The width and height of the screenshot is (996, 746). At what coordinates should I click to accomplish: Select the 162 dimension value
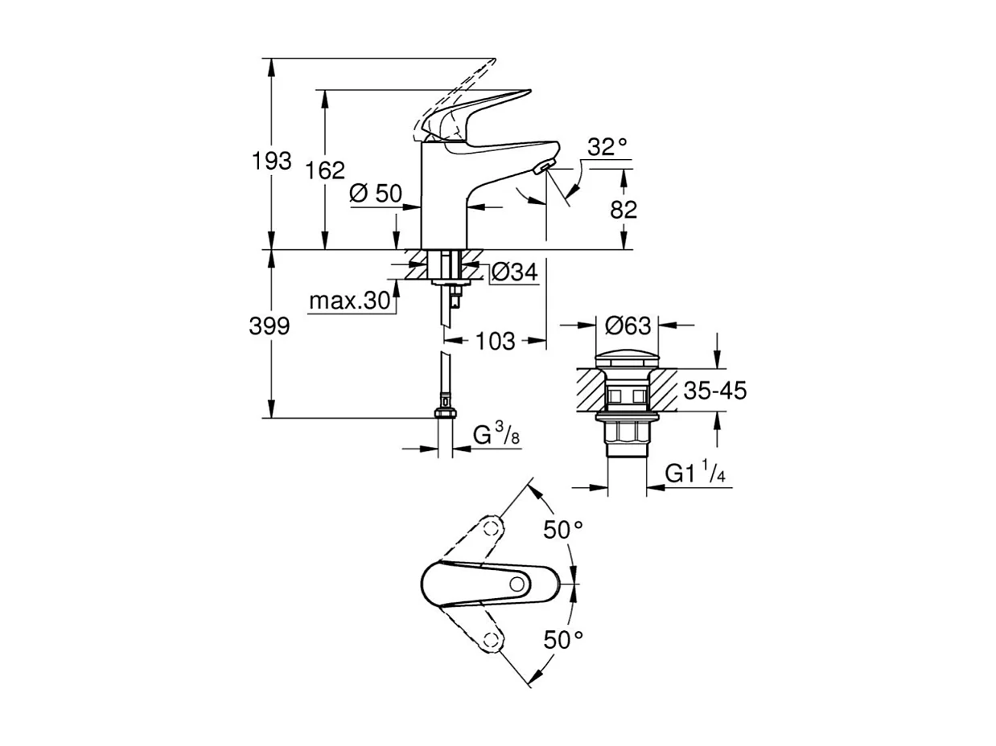point(326,170)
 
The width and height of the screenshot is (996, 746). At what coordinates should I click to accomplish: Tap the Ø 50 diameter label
point(376,193)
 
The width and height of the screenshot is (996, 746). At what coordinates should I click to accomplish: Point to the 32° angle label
point(607,147)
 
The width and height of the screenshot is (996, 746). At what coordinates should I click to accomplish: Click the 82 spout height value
point(624,210)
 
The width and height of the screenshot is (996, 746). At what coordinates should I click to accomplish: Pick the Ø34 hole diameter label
point(513,273)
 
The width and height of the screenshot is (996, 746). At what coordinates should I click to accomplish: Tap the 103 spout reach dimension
point(495,341)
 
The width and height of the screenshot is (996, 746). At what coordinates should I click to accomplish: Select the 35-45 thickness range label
point(715,391)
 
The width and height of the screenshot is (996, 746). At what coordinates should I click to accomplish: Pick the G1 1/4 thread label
point(697,473)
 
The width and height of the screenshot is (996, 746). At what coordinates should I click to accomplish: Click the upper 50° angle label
point(562,530)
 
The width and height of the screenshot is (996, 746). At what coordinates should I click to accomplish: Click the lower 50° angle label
point(562,640)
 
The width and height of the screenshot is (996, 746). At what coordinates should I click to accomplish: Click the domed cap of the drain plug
point(626,356)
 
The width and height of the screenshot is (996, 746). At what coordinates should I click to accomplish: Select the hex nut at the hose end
point(444,414)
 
